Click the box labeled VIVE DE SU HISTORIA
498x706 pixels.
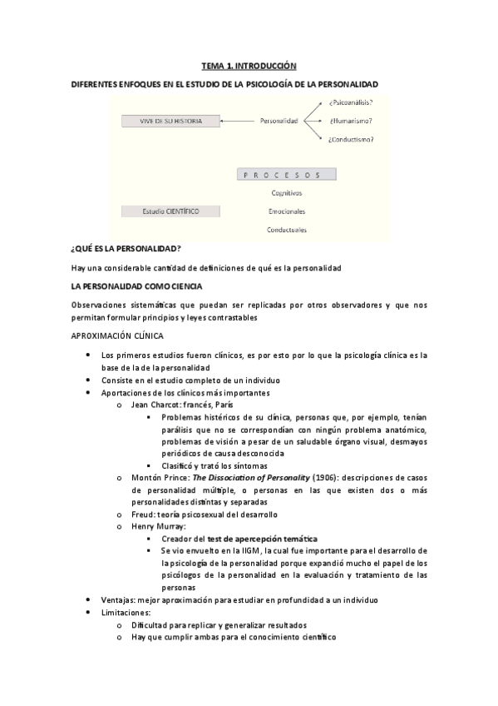point(170,121)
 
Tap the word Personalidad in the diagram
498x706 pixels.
point(279,121)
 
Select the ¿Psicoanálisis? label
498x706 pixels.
point(350,102)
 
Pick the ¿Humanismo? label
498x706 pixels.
point(350,121)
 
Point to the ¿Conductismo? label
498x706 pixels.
point(351,140)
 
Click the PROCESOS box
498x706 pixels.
point(286,175)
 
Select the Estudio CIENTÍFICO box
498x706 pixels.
point(170,211)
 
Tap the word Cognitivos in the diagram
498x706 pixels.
point(286,193)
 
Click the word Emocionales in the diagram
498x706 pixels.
point(286,211)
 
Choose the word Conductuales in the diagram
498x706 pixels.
point(286,230)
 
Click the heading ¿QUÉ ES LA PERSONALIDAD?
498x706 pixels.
point(126,249)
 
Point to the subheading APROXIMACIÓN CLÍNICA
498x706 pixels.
point(117,336)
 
